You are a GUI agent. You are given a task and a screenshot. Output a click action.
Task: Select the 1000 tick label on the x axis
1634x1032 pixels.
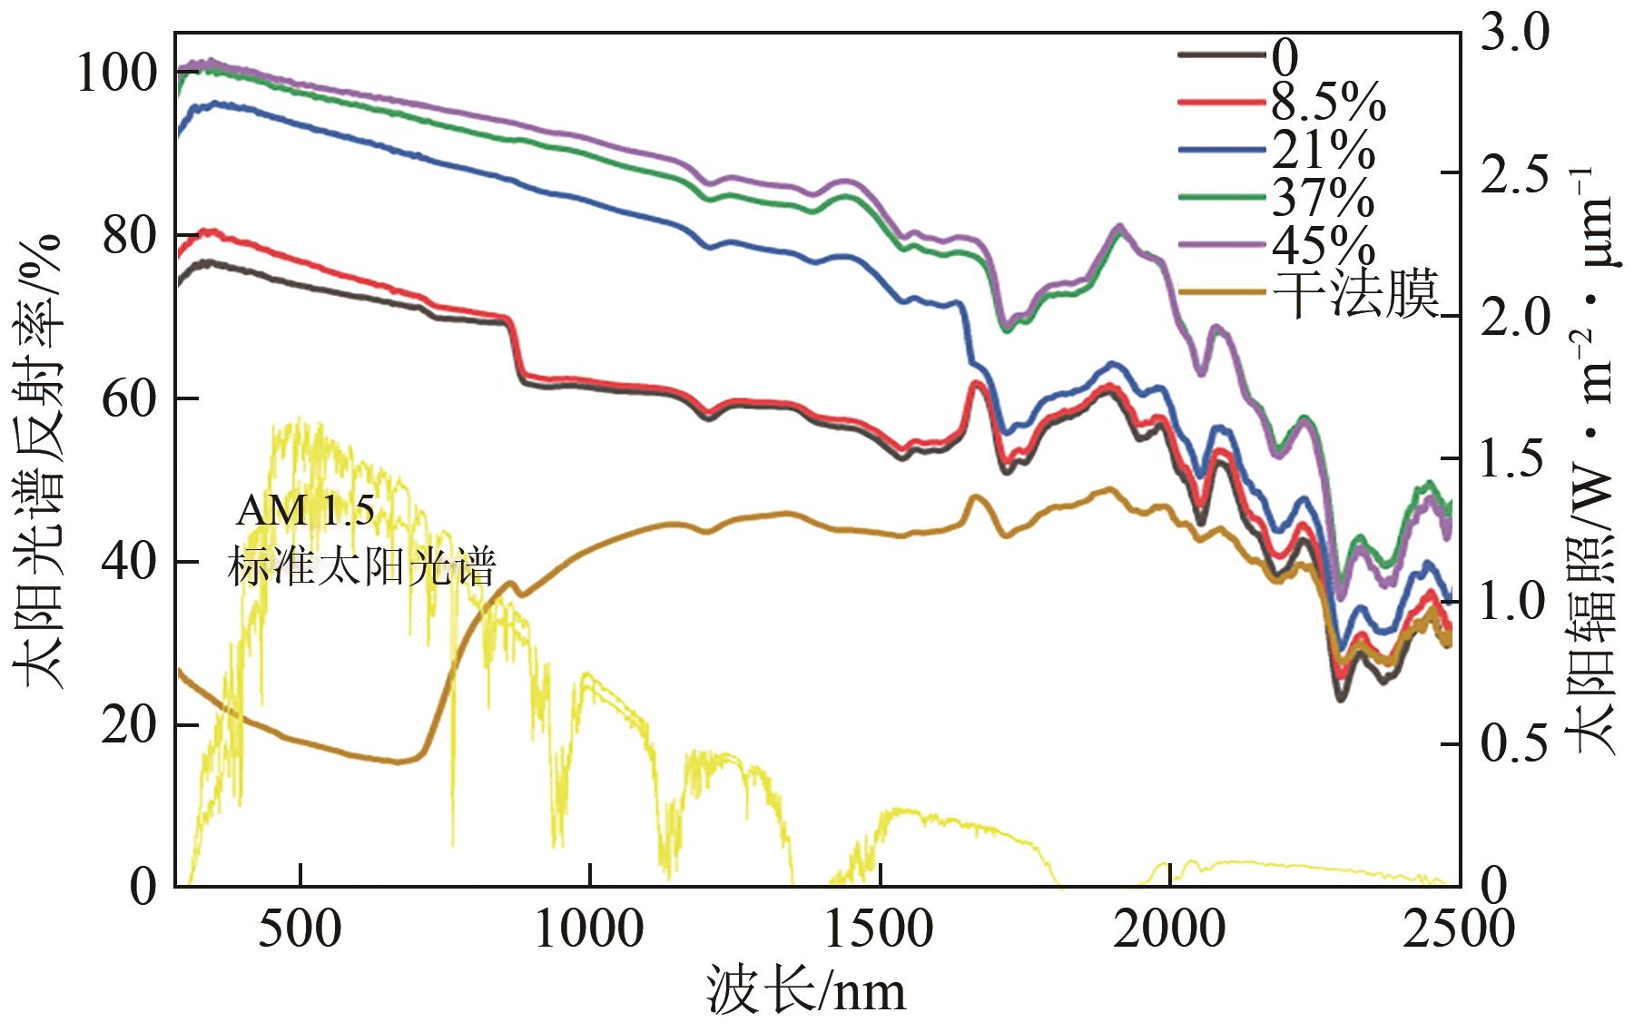pos(590,930)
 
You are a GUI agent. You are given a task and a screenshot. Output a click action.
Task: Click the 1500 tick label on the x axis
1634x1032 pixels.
pos(881,930)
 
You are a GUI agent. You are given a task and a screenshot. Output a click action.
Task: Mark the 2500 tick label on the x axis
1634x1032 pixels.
pos(1458,930)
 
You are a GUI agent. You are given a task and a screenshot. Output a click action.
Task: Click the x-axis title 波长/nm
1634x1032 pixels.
pos(806,991)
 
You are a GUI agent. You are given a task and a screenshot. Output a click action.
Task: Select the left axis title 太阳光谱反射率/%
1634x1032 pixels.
pos(38,463)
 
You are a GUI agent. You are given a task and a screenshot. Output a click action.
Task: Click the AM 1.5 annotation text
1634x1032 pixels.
pos(305,511)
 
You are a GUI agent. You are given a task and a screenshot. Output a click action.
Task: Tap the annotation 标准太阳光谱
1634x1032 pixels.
pos(361,567)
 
